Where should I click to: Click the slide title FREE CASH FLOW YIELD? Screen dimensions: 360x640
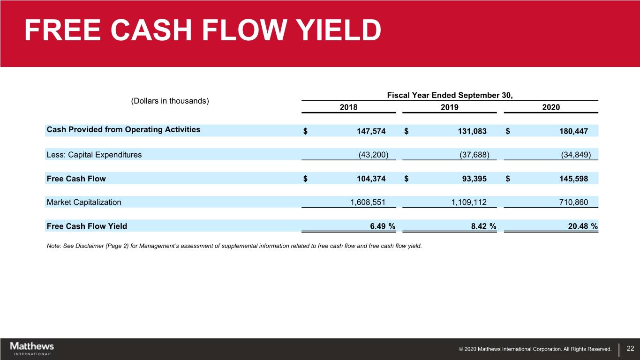[203, 31]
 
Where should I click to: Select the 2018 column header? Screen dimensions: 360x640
[348, 107]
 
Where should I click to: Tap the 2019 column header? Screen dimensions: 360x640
[450, 107]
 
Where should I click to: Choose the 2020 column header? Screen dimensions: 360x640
[551, 107]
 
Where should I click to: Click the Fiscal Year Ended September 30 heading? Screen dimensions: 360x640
[450, 96]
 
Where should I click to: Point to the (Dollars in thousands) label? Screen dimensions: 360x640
[170, 101]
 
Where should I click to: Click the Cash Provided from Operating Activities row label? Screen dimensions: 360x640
[123, 130]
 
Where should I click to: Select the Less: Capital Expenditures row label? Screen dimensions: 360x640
[94, 154]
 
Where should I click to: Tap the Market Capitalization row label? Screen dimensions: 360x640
[84, 202]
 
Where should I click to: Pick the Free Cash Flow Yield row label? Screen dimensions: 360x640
[87, 226]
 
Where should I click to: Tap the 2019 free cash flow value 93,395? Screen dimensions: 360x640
[471, 179]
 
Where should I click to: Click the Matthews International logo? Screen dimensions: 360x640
[32, 348]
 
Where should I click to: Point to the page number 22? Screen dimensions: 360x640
[630, 348]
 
